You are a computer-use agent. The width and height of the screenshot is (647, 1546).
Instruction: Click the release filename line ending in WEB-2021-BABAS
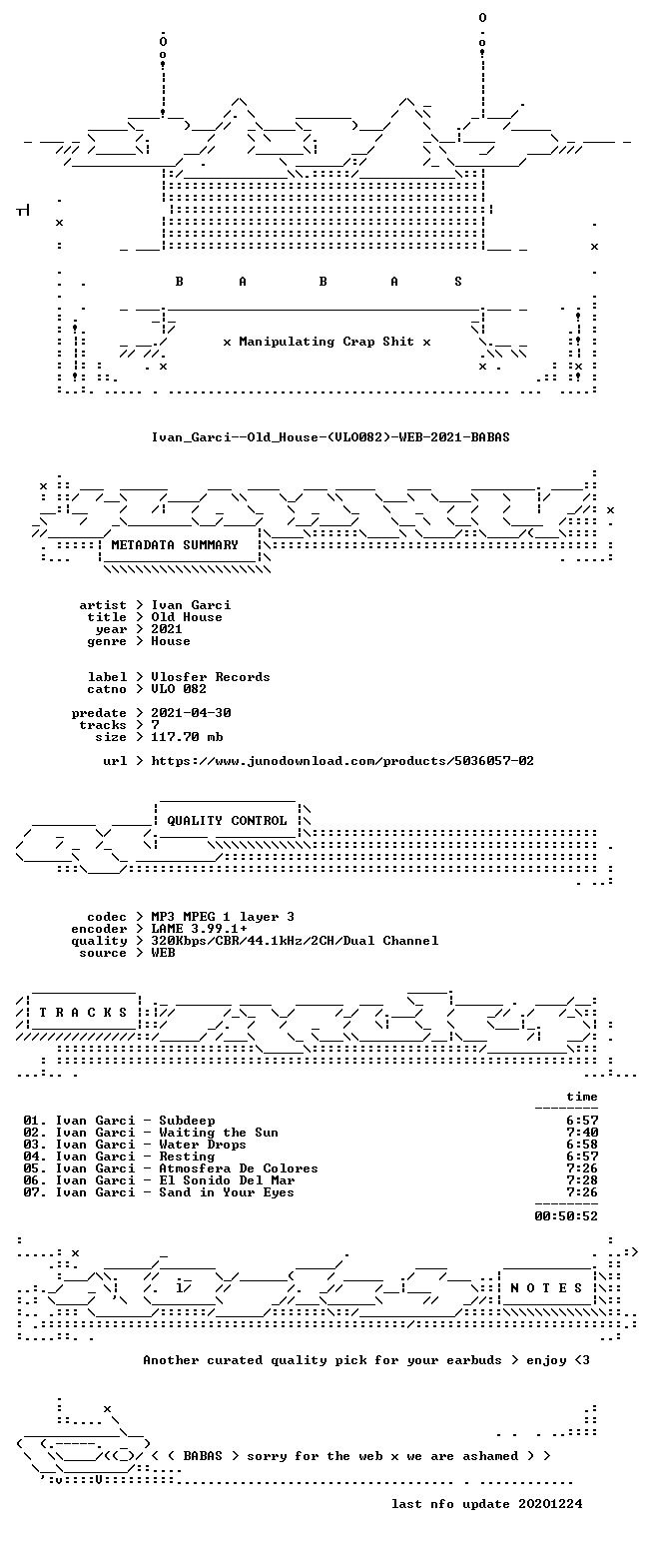pyautogui.click(x=330, y=436)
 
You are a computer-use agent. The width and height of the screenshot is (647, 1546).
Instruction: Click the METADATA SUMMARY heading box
pyautogui.click(x=175, y=544)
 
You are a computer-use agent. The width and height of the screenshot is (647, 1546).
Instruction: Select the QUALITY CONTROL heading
pyautogui.click(x=227, y=821)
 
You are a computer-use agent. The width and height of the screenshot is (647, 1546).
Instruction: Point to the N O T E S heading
pyautogui.click(x=547, y=1288)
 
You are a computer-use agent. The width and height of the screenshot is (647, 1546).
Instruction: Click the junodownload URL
pyautogui.click(x=342, y=761)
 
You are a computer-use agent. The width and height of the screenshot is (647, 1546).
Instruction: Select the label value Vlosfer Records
pyautogui.click(x=211, y=677)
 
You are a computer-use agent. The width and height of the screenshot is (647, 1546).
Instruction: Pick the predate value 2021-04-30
pyautogui.click(x=191, y=713)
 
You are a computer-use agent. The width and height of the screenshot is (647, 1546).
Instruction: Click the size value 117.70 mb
pyautogui.click(x=187, y=737)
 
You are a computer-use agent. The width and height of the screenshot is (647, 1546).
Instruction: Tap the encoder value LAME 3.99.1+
pyautogui.click(x=199, y=929)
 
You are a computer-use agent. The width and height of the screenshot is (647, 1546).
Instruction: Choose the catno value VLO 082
pyautogui.click(x=179, y=689)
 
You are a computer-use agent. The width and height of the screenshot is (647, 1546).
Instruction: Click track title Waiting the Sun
pyautogui.click(x=219, y=1133)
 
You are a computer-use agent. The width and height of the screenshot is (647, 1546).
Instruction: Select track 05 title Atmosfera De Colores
pyautogui.click(x=239, y=1168)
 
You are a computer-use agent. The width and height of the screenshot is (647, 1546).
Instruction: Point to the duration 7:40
pyautogui.click(x=582, y=1133)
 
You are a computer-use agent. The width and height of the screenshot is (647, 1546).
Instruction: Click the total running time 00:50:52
pyautogui.click(x=566, y=1216)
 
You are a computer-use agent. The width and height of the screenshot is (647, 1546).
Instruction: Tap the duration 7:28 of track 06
pyautogui.click(x=582, y=1180)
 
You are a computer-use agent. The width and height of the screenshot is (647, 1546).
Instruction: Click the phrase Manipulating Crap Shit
pyautogui.click(x=326, y=342)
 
